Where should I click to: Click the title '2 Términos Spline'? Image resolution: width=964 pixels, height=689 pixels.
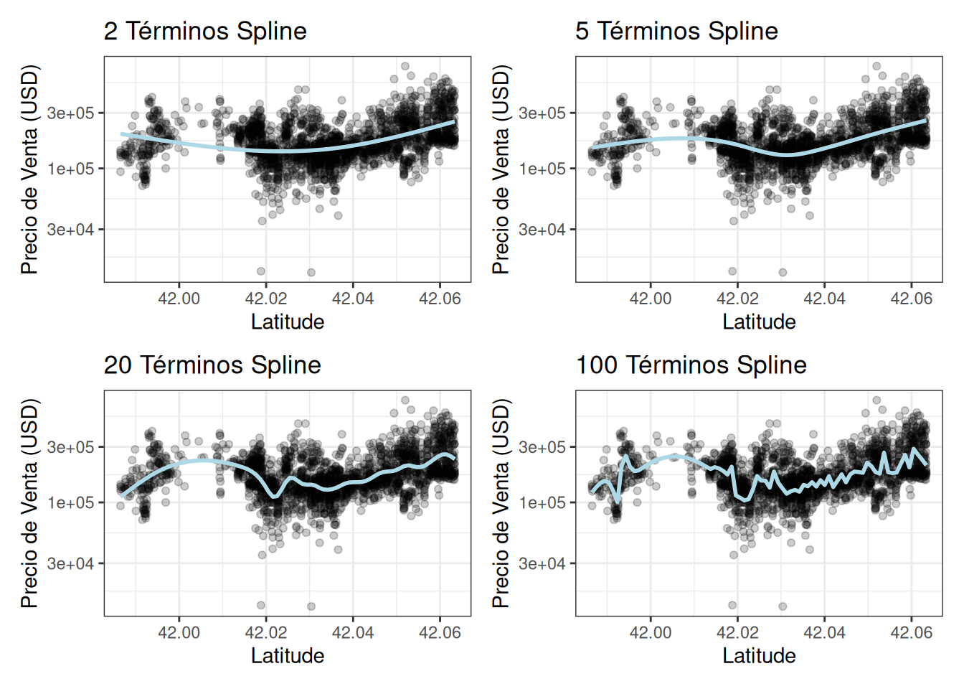coord(205,32)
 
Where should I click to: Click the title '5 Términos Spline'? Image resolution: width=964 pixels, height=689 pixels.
coord(676,32)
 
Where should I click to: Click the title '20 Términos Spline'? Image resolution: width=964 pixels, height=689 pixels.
coord(212,365)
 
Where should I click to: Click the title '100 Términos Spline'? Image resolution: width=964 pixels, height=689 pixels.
coord(691,365)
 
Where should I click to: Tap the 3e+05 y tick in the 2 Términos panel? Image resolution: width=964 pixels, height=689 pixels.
coord(70,113)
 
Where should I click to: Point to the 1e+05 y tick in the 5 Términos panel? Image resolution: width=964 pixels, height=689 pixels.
coord(542,169)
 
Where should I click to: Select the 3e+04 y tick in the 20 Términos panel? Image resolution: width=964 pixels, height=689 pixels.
coord(70,564)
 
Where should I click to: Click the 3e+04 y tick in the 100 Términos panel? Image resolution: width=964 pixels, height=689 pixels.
coord(542,564)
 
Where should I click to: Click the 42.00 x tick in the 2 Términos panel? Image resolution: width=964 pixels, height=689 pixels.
coord(179,299)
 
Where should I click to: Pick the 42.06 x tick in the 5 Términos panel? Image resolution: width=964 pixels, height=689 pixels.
coord(911,299)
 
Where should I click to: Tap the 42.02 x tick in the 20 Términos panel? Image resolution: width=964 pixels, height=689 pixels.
coord(266,633)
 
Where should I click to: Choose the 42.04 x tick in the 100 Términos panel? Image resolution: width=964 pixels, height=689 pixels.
coord(824,633)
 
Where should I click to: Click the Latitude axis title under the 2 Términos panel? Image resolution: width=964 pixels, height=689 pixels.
coord(287,322)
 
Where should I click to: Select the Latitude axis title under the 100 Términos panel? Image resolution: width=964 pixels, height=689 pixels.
coord(759,656)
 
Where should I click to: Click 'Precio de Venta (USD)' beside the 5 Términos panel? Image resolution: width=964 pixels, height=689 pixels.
coord(501,169)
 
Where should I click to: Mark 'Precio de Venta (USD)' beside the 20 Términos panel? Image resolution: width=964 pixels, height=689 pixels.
coord(29,504)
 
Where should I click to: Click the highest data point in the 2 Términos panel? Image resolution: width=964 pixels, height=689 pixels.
coord(405,66)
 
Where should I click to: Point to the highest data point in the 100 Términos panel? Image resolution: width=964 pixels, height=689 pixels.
coord(876,400)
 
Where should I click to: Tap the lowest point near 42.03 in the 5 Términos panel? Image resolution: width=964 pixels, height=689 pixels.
coord(783,273)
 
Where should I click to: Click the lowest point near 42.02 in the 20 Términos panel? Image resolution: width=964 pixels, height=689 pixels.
coord(261,606)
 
